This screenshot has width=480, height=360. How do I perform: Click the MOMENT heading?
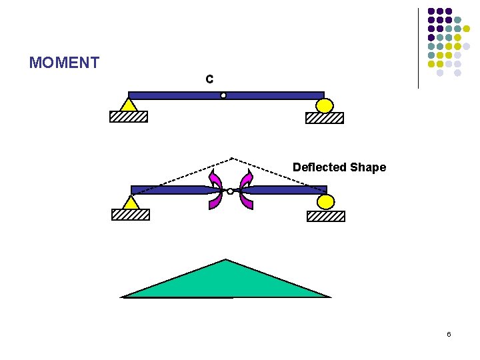pyautogui.click(x=64, y=63)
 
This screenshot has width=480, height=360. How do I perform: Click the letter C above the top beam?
pyautogui.click(x=209, y=79)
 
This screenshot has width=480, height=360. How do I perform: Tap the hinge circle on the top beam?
pyautogui.click(x=223, y=95)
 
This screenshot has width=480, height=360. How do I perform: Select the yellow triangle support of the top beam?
pyautogui.click(x=129, y=105)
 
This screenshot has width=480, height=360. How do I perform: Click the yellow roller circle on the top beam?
pyautogui.click(x=324, y=105)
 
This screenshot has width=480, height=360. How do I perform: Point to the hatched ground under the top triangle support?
pyautogui.click(x=129, y=117)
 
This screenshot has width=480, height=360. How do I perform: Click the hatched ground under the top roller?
pyautogui.click(x=325, y=118)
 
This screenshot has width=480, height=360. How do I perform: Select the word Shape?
pyautogui.click(x=370, y=167)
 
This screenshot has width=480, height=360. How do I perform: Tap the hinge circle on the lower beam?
pyautogui.click(x=230, y=191)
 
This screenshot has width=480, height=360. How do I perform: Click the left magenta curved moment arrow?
pyautogui.click(x=215, y=190)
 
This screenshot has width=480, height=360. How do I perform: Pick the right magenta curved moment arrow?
pyautogui.click(x=246, y=190)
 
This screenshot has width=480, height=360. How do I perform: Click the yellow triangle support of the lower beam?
pyautogui.click(x=131, y=202)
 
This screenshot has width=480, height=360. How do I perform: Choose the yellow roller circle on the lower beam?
pyautogui.click(x=326, y=202)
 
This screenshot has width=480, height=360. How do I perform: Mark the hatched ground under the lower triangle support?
pyautogui.click(x=131, y=215)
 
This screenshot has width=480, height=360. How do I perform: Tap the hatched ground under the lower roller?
pyautogui.click(x=326, y=216)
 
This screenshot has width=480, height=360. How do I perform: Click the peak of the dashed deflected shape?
pyautogui.click(x=231, y=158)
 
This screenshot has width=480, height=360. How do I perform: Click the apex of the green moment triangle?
pyautogui.click(x=227, y=260)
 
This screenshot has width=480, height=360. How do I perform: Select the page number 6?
pyautogui.click(x=449, y=334)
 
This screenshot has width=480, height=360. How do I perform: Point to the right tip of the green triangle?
pyautogui.click(x=329, y=297)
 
